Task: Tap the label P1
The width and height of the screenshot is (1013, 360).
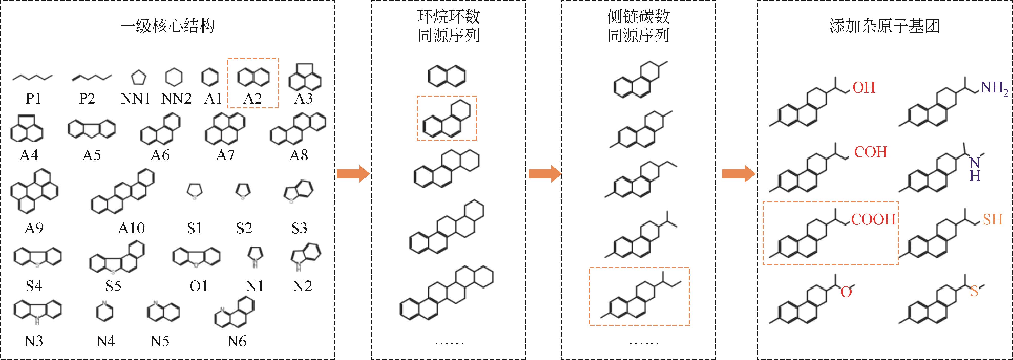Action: coord(33,98)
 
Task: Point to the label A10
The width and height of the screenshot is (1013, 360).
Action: coord(131,228)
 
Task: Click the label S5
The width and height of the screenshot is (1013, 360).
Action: coord(113,286)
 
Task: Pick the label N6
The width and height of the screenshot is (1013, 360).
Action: coord(237,341)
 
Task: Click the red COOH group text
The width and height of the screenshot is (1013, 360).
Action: coord(873,219)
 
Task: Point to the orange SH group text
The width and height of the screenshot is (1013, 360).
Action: coord(992,219)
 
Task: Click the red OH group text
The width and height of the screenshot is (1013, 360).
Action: coord(864,87)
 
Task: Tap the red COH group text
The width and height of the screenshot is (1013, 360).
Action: coord(871,152)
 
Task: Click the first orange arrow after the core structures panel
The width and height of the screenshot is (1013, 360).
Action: coord(353,173)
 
